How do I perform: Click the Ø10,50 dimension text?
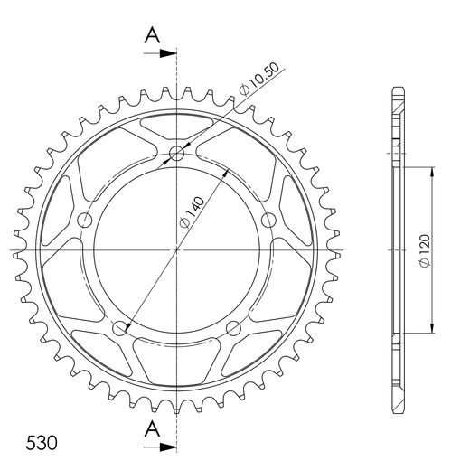tap(259, 79)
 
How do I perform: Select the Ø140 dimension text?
tap(192, 212)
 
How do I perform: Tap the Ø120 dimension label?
tap(424, 250)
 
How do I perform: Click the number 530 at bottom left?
tap(42, 443)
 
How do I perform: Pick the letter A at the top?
tap(152, 35)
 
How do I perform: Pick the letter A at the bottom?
tap(152, 428)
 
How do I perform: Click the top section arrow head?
tap(168, 53)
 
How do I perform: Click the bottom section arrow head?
tap(168, 447)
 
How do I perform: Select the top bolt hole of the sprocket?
tap(176, 154)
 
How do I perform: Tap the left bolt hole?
tap(85, 221)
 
